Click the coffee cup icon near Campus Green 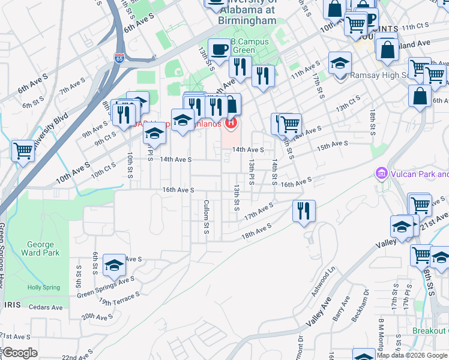[x=219, y=49]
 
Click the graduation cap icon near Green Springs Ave [x=114, y=265]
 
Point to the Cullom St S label [x=206, y=217]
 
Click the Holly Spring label [x=43, y=287]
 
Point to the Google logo [x=20, y=353]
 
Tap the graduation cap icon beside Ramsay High [x=340, y=63]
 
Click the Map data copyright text [x=412, y=355]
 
